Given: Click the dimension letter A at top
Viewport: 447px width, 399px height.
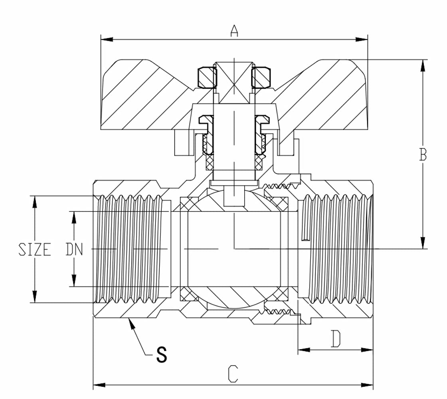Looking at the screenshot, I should [234, 31].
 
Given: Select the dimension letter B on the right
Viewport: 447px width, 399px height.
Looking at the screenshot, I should [423, 155].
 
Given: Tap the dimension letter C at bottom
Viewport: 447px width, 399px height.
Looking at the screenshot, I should [233, 374].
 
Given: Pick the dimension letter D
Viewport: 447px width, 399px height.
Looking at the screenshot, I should [336, 339].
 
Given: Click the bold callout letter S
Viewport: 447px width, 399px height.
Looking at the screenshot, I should [161, 354].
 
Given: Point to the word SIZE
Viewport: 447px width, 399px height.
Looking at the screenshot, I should [35, 250].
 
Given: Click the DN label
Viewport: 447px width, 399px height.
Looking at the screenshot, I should [74, 250].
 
